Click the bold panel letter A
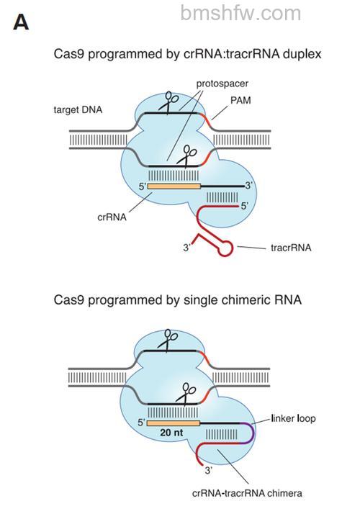tap(21, 22)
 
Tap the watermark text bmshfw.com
tap(240, 13)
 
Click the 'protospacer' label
tap(222, 84)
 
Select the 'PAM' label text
tap(240, 100)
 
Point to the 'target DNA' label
tap(78, 110)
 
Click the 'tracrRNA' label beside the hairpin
tap(291, 248)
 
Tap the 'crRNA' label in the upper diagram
tap(112, 217)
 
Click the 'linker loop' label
tap(293, 418)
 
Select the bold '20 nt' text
tap(171, 433)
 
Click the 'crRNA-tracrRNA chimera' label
tap(247, 493)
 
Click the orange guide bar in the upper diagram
tap(174, 186)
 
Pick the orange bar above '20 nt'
tap(174, 423)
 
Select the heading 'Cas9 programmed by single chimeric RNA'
tap(177, 300)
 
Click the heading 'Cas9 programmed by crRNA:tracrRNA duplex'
tap(187, 54)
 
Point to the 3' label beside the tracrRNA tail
tap(187, 248)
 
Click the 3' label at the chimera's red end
tap(209, 471)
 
